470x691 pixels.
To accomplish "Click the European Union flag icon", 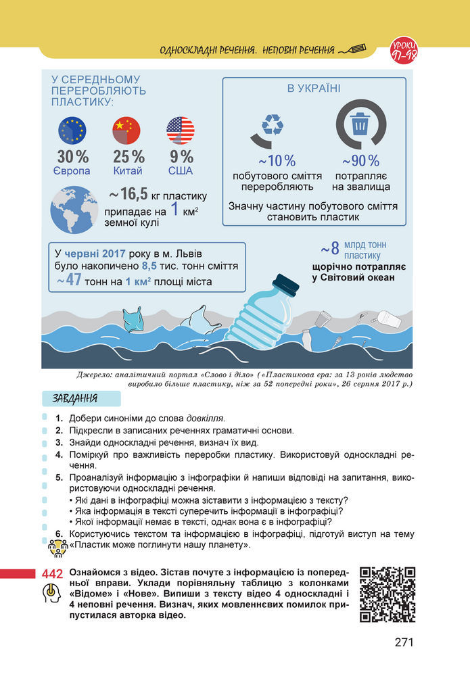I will [x=72, y=130].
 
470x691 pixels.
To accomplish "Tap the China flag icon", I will [x=126, y=130].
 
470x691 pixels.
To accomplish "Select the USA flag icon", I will [x=180, y=130].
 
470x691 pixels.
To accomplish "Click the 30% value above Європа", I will [x=72, y=157].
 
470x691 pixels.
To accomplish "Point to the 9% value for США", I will [x=181, y=157].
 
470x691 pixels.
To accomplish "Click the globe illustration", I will [x=74, y=210].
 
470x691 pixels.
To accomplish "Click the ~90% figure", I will [x=360, y=161].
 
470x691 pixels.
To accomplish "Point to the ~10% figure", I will [x=277, y=161].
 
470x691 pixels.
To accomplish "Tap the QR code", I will [x=387, y=594].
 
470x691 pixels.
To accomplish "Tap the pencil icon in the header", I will [x=354, y=49].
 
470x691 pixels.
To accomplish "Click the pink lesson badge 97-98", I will [x=404, y=50].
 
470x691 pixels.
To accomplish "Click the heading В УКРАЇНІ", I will [x=314, y=89].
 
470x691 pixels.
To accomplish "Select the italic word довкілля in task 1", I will [x=205, y=417].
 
